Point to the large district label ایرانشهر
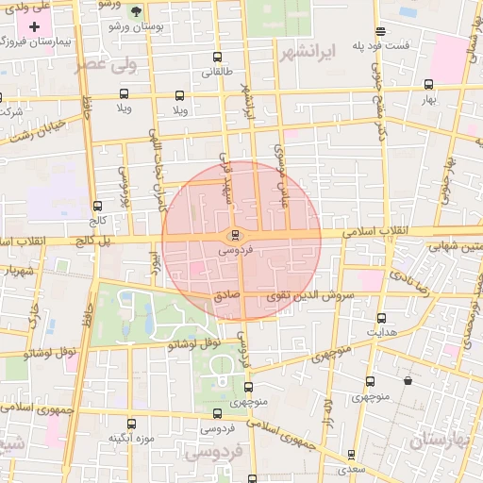(x=308, y=53)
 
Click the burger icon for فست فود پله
(x=379, y=30)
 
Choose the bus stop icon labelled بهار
(x=429, y=85)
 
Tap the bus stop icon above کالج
(x=97, y=206)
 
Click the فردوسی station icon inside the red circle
(x=235, y=235)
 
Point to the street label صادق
(x=227, y=296)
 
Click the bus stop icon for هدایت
(x=381, y=318)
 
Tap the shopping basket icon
(x=407, y=381)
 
